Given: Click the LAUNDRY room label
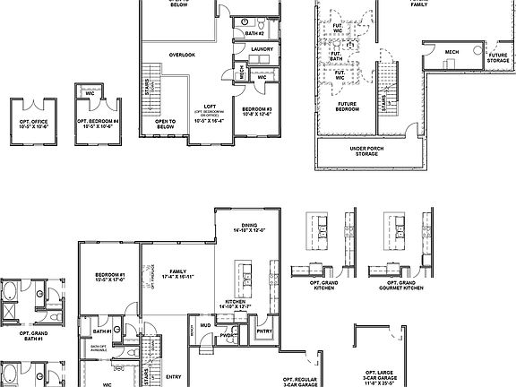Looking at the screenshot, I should pyautogui.click(x=262, y=49).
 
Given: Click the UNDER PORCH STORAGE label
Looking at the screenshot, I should pyautogui.click(x=367, y=152).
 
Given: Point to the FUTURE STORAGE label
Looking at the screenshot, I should pyautogui.click(x=498, y=58).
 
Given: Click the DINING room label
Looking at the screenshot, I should pyautogui.click(x=250, y=228).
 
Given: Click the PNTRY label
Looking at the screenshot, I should pyautogui.click(x=265, y=331).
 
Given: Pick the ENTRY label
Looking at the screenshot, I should pyautogui.click(x=174, y=376).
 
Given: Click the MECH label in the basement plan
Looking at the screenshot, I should pyautogui.click(x=451, y=52).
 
